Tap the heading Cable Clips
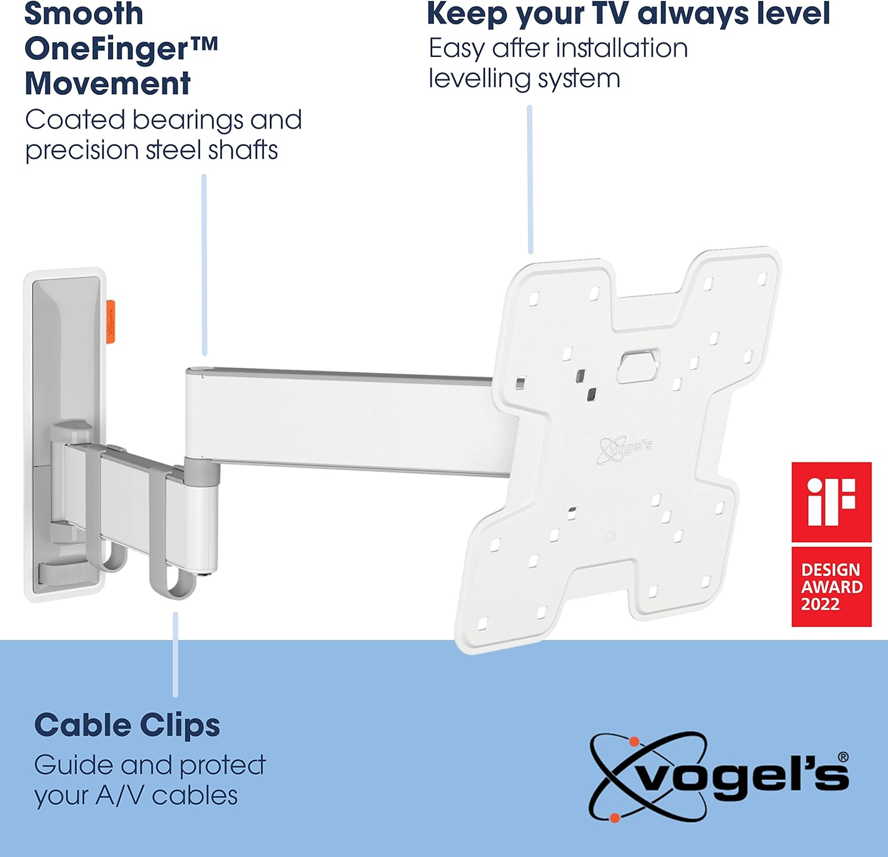pyautogui.click(x=127, y=726)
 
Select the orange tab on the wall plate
pyautogui.click(x=111, y=321)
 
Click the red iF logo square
pyautogui.click(x=831, y=502)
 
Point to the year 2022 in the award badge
pyautogui.click(x=820, y=605)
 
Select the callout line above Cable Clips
pyautogui.click(x=175, y=654)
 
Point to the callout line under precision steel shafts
pyautogui.click(x=204, y=264)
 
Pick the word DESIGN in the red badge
pyautogui.click(x=830, y=570)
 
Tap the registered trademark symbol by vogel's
pyautogui.click(x=843, y=757)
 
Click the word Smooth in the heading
pyautogui.click(x=83, y=14)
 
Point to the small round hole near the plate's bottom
pyautogui.click(x=610, y=537)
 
